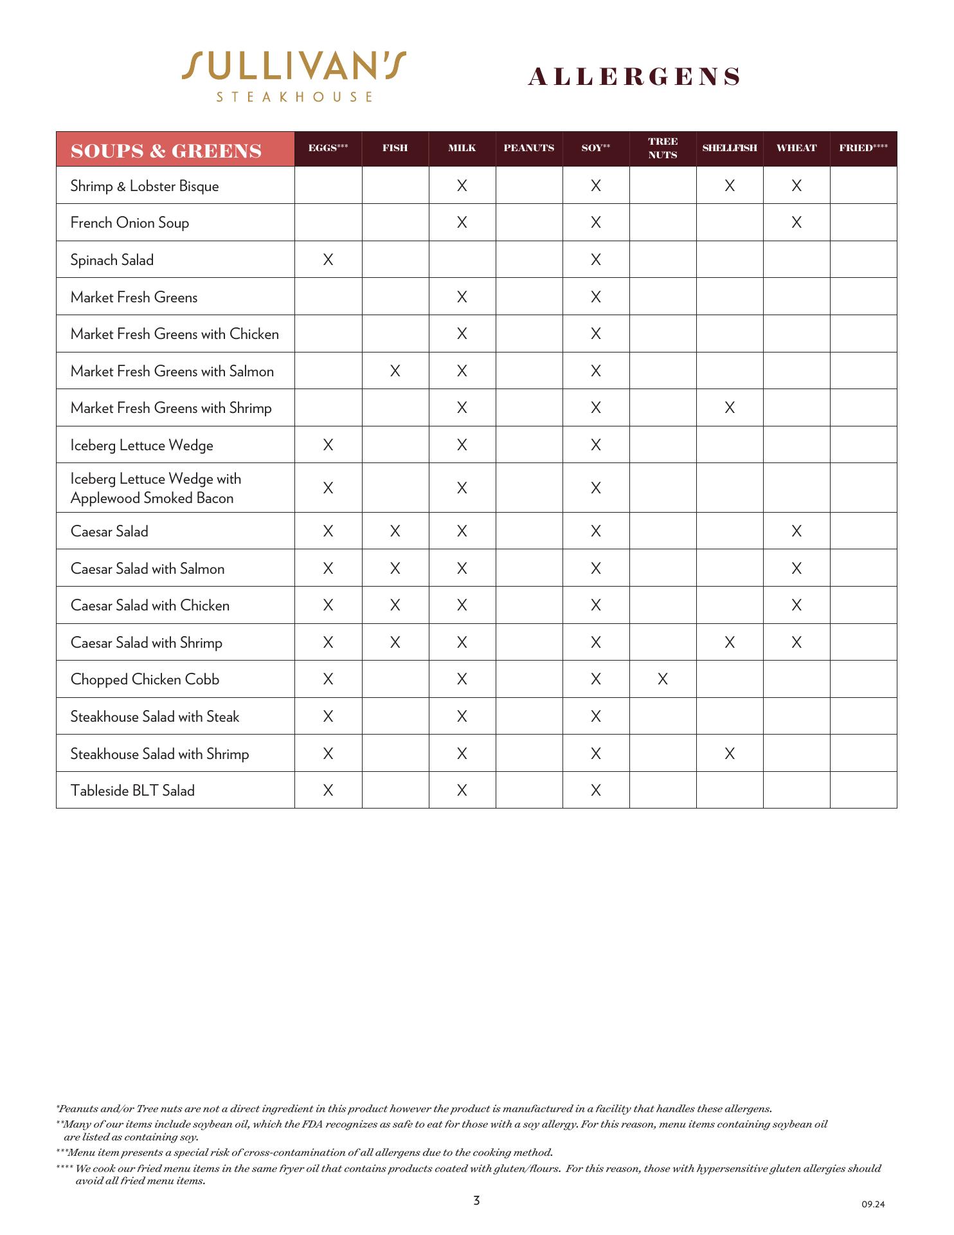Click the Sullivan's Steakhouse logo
pyautogui.click(x=294, y=76)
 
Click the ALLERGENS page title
pyautogui.click(x=634, y=77)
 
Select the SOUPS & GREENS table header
pyautogui.click(x=166, y=151)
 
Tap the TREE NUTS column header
pyautogui.click(x=662, y=148)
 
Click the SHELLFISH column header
pyautogui.click(x=729, y=148)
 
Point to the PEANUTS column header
pyautogui.click(x=528, y=148)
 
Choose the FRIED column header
pyautogui.click(x=863, y=148)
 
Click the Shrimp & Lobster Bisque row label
pyautogui.click(x=145, y=186)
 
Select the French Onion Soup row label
pyautogui.click(x=130, y=223)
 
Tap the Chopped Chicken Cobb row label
pyautogui.click(x=145, y=679)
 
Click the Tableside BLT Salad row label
pyautogui.click(x=132, y=791)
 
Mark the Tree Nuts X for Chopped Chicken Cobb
pyautogui.click(x=662, y=679)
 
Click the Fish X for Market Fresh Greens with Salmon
pyautogui.click(x=395, y=371)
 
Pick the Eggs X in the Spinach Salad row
pyautogui.click(x=328, y=260)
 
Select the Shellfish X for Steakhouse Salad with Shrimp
pyautogui.click(x=729, y=754)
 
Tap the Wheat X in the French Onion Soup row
pyautogui.click(x=796, y=223)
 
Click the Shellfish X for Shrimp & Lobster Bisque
pyautogui.click(x=729, y=186)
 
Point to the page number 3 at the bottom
pyautogui.click(x=476, y=1200)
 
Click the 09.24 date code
pyautogui.click(x=873, y=1204)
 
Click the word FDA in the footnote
pyautogui.click(x=312, y=1124)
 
